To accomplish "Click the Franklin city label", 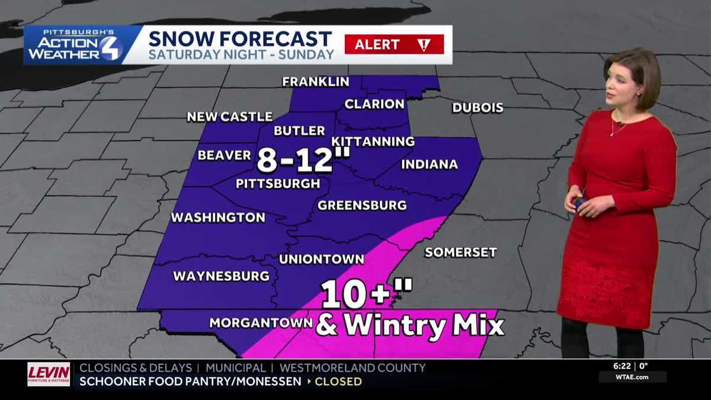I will pos(315,82).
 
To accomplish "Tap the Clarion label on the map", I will pos(374,104).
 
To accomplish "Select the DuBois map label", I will pos(478,108).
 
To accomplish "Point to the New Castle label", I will pos(230,117).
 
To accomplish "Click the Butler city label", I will pos(299,131).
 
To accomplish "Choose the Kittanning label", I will pos(373,142).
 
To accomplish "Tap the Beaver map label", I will pos(225,155).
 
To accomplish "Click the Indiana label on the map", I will pos(430,165).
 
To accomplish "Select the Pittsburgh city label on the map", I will pos(278,184).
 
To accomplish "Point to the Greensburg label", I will pos(362,206).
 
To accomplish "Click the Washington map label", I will pos(218,217).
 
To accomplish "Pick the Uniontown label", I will pos(321,259).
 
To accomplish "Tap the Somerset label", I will pos(460,252).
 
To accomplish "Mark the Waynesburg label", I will pos(221,276).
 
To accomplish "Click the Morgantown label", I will pos(261,323).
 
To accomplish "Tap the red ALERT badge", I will pos(394,44).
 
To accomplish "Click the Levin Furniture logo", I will pos(49,375).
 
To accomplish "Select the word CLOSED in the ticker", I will pos(338,382).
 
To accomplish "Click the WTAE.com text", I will pos(632,377).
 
